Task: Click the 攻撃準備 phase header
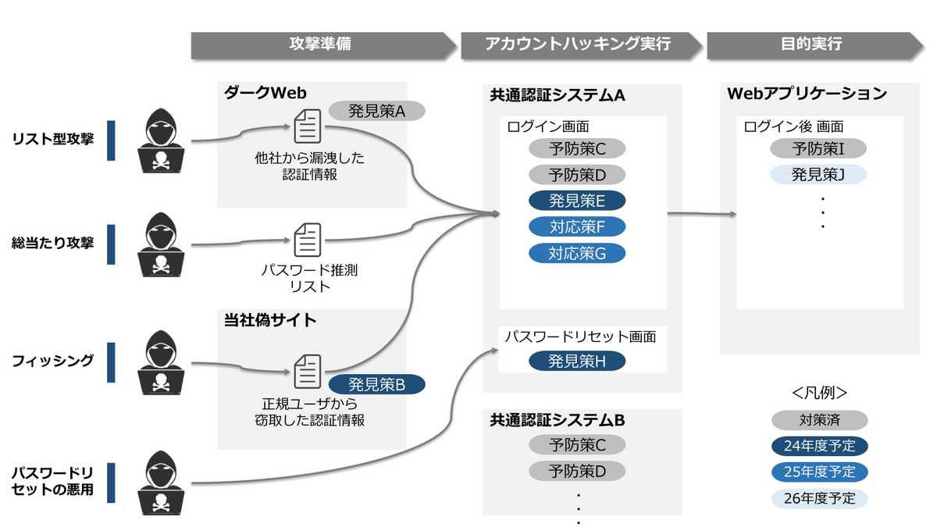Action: (320, 45)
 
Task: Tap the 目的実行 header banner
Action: (812, 45)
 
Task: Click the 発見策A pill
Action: (376, 111)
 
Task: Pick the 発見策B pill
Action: (376, 384)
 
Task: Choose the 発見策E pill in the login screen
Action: (577, 201)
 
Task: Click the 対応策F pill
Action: (577, 227)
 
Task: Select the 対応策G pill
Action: (577, 254)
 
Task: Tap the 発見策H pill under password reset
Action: (577, 361)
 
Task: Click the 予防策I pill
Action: (818, 148)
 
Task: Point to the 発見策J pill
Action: (818, 174)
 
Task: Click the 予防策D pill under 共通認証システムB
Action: (577, 471)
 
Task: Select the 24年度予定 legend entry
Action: (820, 447)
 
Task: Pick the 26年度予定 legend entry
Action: (820, 498)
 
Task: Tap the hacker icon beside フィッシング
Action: (162, 361)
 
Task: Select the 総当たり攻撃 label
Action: (53, 242)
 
